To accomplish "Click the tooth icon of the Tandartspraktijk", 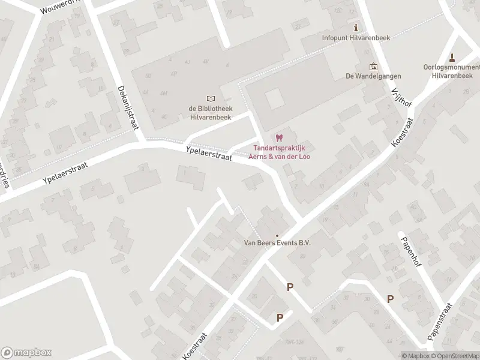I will [278, 138].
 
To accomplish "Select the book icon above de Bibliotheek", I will [210, 98].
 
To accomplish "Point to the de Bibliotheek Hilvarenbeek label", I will [210, 112].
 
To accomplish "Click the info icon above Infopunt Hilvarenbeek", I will [356, 28].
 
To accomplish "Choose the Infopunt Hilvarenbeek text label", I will [356, 38].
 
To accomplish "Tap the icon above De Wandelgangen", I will [373, 67].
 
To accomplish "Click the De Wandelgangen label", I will [373, 76].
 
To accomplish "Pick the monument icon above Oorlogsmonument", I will [452, 58].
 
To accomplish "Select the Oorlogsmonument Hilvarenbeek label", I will [452, 71].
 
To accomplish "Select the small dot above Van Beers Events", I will [277, 235].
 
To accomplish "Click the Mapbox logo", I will [26, 353].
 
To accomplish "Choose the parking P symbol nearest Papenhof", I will [391, 299].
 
